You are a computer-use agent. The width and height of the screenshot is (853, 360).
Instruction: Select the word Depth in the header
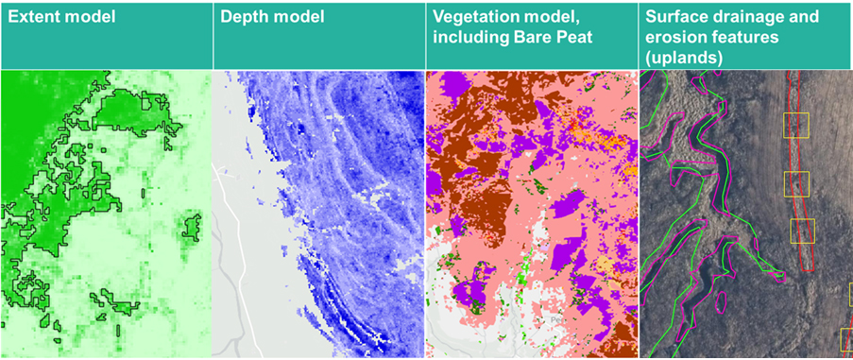click(x=245, y=18)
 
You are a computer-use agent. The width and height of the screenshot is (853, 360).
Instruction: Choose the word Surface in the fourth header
click(x=678, y=18)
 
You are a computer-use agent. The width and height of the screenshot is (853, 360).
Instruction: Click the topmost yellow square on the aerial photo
click(x=796, y=125)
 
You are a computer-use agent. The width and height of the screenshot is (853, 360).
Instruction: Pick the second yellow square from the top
click(x=796, y=183)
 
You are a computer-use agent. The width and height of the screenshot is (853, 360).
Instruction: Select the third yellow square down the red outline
click(x=802, y=230)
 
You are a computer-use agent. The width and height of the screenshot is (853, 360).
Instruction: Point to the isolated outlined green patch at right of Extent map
click(x=193, y=227)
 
